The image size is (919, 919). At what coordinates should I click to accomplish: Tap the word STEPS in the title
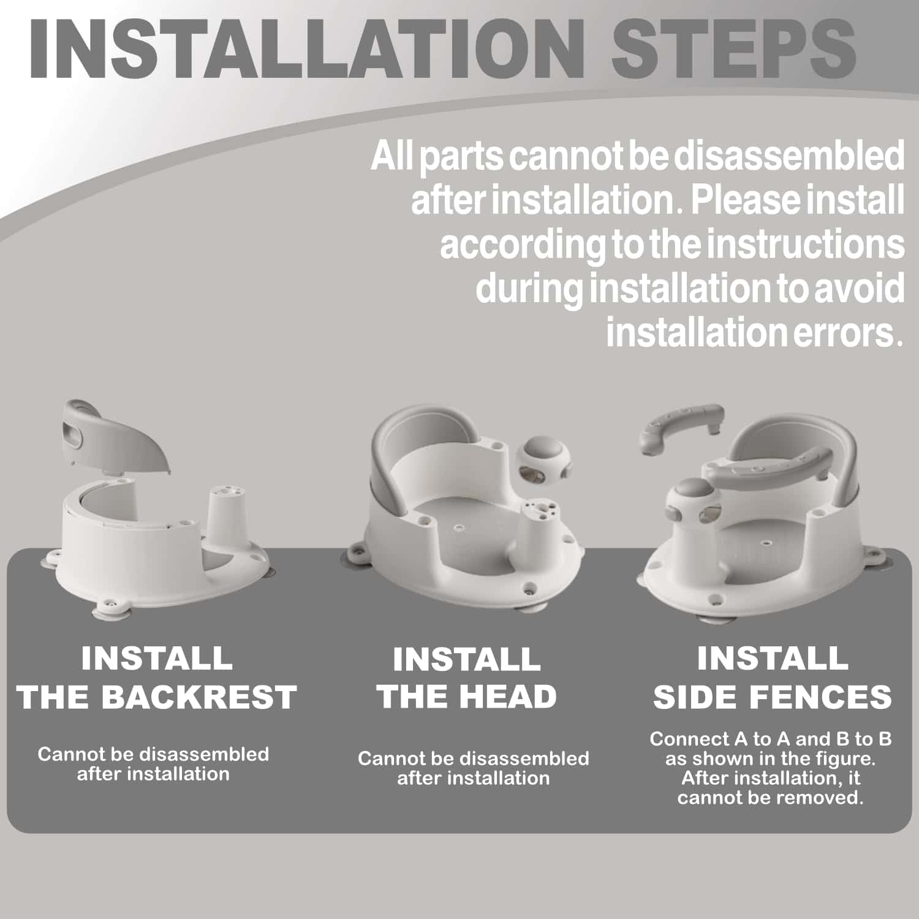[733, 48]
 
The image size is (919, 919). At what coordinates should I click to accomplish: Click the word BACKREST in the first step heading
[199, 697]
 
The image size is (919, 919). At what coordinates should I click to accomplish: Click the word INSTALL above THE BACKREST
[157, 659]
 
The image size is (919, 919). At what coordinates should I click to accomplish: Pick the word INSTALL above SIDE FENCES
[773, 659]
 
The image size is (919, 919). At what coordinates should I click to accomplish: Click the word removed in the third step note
[818, 798]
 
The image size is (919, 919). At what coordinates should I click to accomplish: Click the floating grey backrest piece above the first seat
[116, 435]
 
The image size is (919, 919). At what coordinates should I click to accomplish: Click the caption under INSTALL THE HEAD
[473, 768]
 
